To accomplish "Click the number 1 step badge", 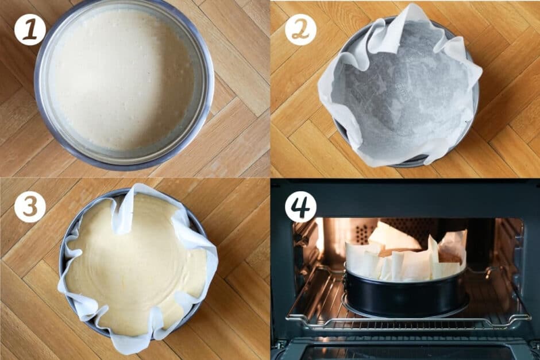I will coord(30,30).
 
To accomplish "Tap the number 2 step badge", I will coord(300,30).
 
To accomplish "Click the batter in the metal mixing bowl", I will coord(124,80).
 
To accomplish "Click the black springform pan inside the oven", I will coord(402,296).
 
